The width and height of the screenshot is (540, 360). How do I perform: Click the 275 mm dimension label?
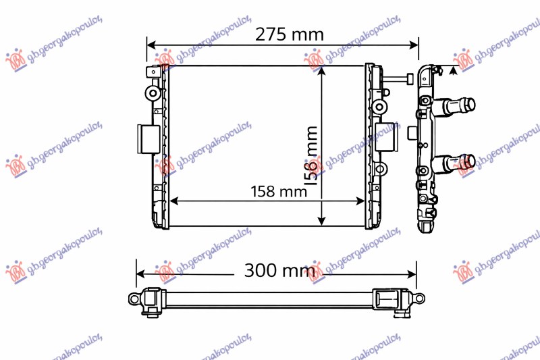tap(288, 34)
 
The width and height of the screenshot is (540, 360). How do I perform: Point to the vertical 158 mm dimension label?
tap(311, 155)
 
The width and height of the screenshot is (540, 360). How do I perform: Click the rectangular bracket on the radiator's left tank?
tap(147, 140)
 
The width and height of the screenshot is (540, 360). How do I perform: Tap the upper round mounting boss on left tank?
tap(154, 93)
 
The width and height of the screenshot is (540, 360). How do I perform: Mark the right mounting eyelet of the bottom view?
tap(420, 298)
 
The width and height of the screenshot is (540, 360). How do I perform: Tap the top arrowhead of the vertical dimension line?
tap(322, 72)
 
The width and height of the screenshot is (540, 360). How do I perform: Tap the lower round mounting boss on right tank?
tap(379, 168)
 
